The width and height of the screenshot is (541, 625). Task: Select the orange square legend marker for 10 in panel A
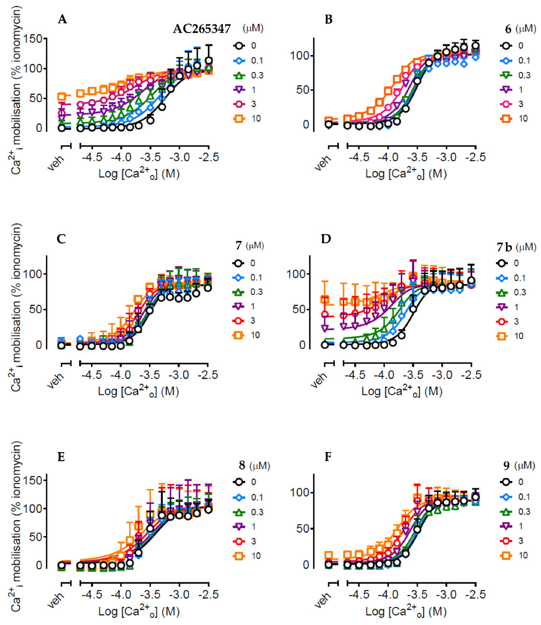point(239,119)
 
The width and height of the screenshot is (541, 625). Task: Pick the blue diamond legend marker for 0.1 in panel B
point(507,61)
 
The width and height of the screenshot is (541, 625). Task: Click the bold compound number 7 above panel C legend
point(239,246)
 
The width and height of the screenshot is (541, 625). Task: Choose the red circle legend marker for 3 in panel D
point(502,322)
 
